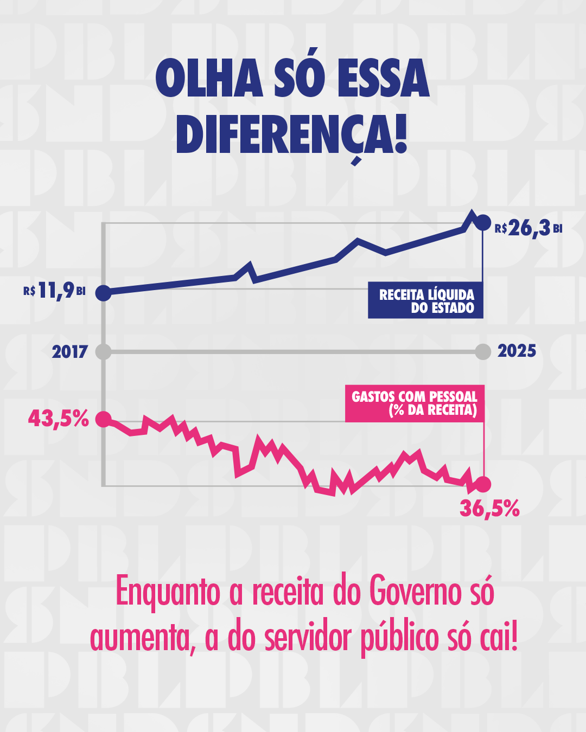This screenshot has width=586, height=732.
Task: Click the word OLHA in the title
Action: click(209, 78)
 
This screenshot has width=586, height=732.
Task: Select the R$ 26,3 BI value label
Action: click(528, 228)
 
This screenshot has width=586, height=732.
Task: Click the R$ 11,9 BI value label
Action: click(54, 291)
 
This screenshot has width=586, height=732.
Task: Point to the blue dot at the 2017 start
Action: click(104, 293)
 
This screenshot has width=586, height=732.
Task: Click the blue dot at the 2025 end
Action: click(482, 223)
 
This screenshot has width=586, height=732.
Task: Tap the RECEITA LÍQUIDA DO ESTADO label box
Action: click(425, 300)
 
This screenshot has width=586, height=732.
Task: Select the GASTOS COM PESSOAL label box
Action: click(415, 403)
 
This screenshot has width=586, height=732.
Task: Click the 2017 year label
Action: click(70, 352)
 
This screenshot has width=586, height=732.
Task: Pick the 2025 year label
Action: click(517, 351)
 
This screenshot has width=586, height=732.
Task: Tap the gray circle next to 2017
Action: click(103, 352)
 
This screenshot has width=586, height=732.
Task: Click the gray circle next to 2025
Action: click(483, 352)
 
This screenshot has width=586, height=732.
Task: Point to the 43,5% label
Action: click(59, 419)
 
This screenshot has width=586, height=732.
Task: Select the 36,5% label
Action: click(489, 509)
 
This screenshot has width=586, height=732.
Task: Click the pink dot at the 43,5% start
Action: click(104, 419)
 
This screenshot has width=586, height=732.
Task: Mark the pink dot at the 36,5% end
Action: click(483, 484)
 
